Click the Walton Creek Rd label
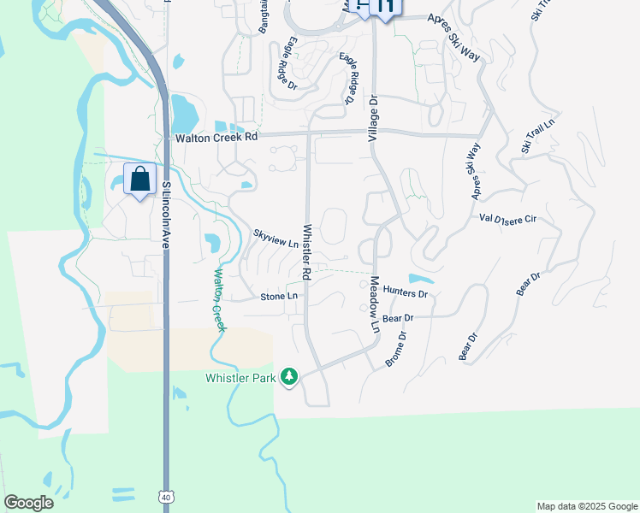pos(216,137)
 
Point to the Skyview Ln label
pos(276,238)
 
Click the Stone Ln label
pos(279,297)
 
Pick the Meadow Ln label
pos(374,308)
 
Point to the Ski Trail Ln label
pos(538,137)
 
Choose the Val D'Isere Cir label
pos(507,220)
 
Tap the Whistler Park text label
pos(242,378)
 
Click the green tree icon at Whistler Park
pos(290,377)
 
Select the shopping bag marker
pos(139,180)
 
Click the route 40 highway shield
pos(165,496)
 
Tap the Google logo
pos(28,503)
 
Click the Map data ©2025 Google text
pos(587,506)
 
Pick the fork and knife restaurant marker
pos(386,7)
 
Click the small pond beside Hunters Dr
pos(420,279)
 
